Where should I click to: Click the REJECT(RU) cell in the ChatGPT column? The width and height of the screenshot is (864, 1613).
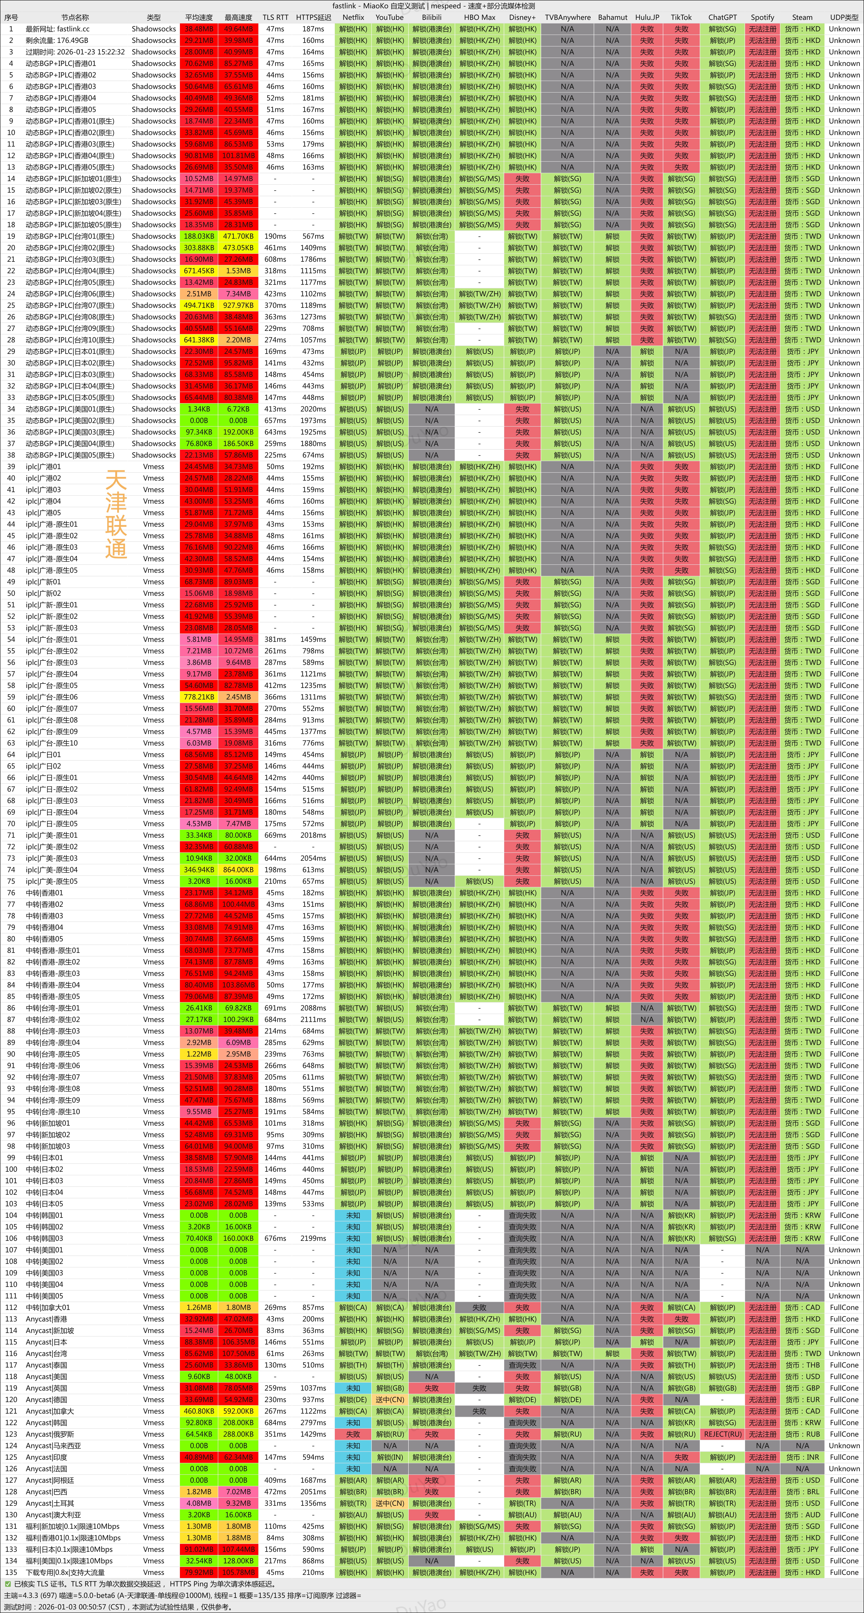click(x=722, y=1434)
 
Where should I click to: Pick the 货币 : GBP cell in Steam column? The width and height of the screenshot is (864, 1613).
click(x=802, y=1388)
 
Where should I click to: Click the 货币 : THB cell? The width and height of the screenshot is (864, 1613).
click(x=802, y=1365)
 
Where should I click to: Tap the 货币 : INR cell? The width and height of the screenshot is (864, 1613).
click(x=802, y=1457)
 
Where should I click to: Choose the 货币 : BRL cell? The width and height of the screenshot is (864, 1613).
click(x=802, y=1491)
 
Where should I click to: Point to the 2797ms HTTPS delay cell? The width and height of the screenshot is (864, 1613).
click(x=313, y=1423)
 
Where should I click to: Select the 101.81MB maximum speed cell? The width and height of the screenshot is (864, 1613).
click(x=238, y=155)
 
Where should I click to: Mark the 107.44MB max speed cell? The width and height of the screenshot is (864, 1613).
click(x=238, y=1549)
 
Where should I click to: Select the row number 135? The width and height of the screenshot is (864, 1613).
click(x=11, y=1572)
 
